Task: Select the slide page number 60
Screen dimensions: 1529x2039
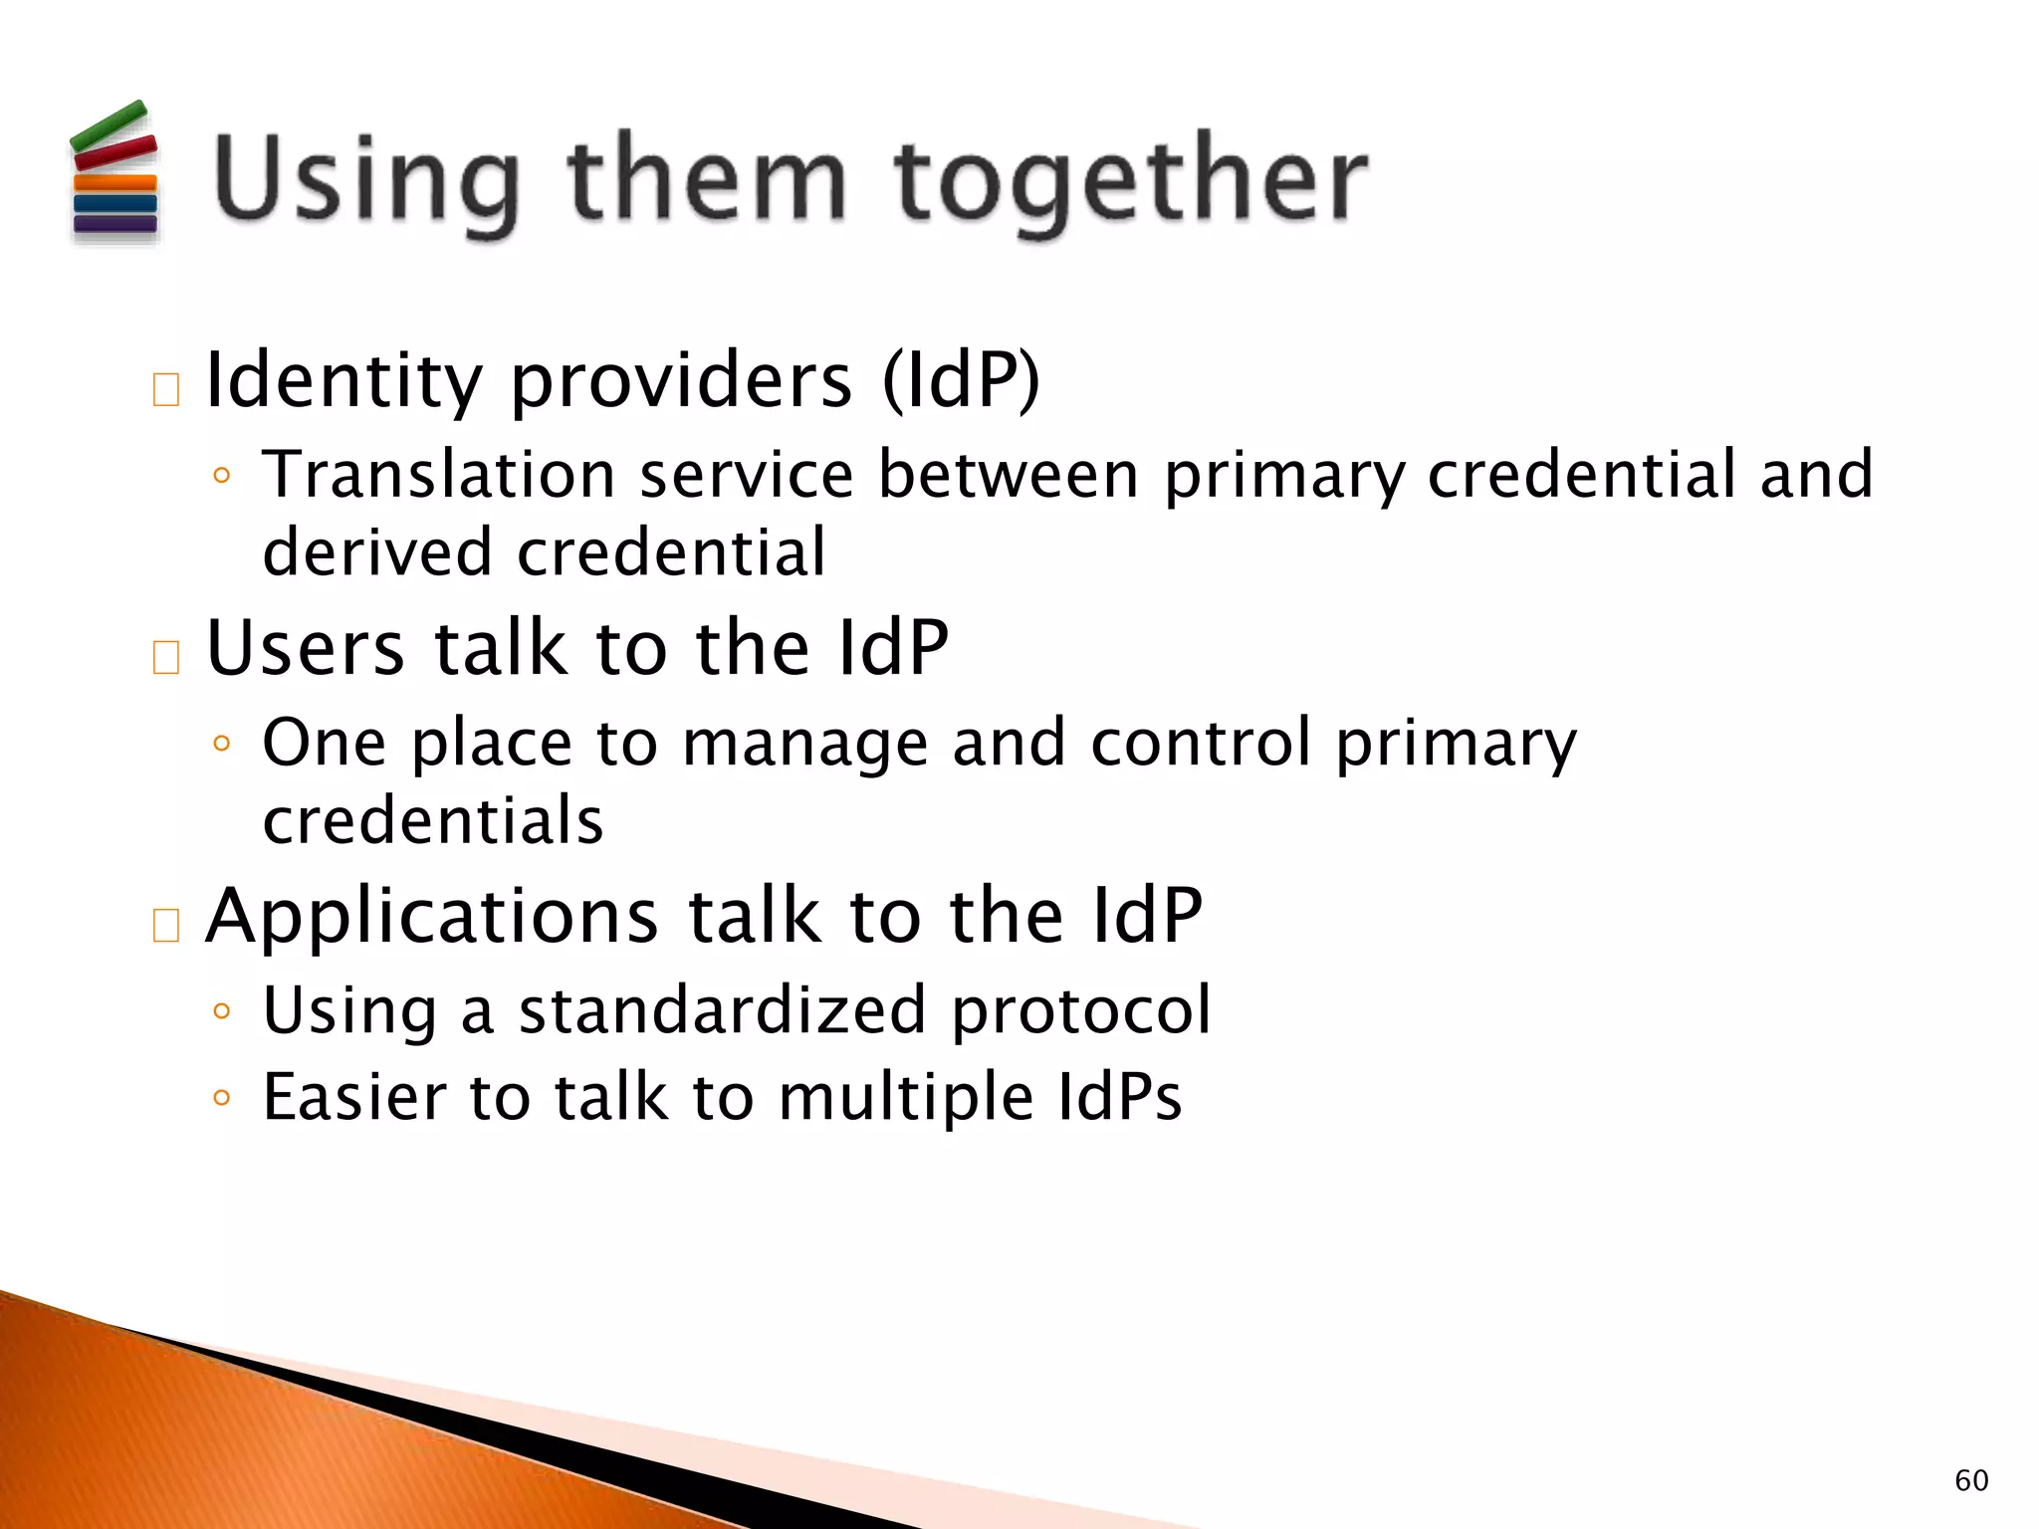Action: tap(1971, 1480)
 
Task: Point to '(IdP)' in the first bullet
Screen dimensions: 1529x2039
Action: tap(961, 381)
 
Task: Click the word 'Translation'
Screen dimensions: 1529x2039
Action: tap(438, 474)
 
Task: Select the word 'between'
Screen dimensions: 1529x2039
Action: tap(1008, 474)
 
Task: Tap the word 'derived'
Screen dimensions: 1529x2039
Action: tap(376, 552)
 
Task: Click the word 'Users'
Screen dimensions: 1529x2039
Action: tap(306, 649)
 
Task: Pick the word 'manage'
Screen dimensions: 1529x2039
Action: tap(804, 745)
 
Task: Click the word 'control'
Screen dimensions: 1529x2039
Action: tap(1201, 743)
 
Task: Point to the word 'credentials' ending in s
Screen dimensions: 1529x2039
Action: tap(433, 821)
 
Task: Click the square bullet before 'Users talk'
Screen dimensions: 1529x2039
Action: tap(166, 657)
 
